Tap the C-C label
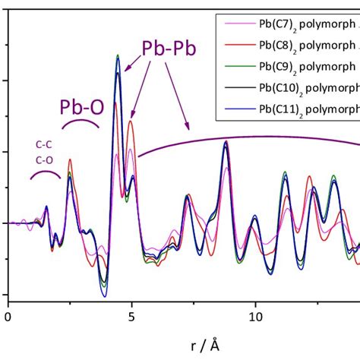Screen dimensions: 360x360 click(x=44, y=144)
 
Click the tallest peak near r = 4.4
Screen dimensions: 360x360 click(x=117, y=55)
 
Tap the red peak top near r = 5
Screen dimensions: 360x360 click(x=131, y=122)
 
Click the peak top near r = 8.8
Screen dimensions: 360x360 click(x=226, y=141)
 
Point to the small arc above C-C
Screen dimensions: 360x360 click(x=46, y=173)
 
